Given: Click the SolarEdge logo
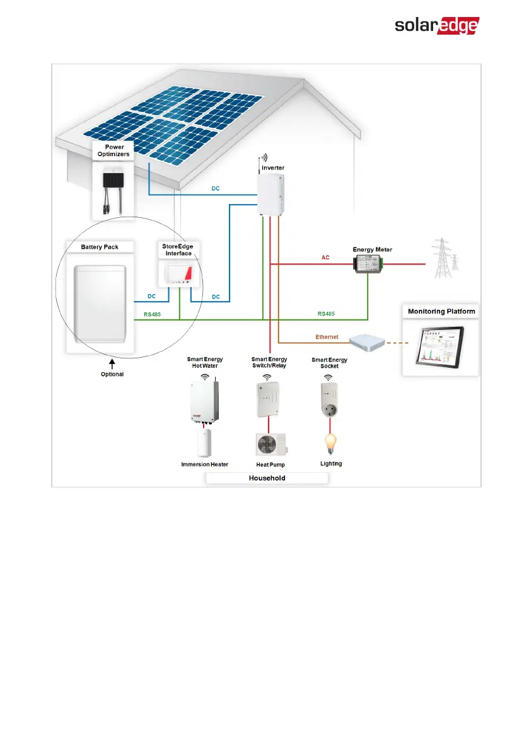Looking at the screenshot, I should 437,26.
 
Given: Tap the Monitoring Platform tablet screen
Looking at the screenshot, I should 439,346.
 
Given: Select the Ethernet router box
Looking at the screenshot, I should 368,342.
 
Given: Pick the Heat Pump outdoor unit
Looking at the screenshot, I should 270,445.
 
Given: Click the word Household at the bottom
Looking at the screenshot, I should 267,479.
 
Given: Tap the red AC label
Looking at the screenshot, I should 325,258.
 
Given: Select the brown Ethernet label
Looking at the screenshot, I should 327,338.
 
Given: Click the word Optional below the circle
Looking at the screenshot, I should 112,374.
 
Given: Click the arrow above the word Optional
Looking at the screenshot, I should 112,363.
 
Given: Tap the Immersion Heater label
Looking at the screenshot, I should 204,464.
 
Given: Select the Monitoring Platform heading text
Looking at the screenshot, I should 441,312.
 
